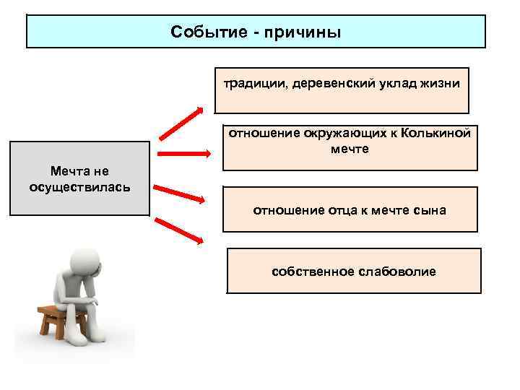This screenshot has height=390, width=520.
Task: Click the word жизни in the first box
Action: click(438, 84)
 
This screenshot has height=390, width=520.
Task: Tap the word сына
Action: click(430, 210)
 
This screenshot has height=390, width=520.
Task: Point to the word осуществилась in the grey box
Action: click(79, 187)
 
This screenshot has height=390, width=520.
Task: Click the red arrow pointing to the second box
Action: click(183, 154)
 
